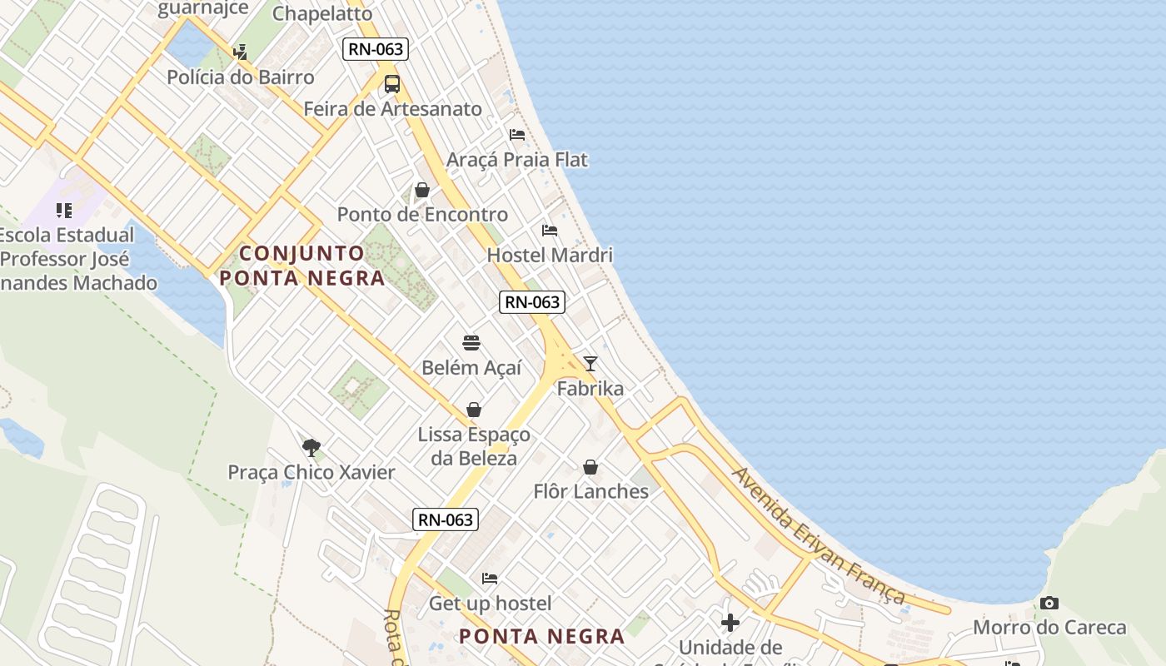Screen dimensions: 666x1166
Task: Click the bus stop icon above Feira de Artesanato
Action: pos(392,84)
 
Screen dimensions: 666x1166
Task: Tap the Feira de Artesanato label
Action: pos(392,109)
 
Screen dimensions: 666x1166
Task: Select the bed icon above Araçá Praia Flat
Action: pos(517,135)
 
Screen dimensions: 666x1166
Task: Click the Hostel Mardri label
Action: pos(550,255)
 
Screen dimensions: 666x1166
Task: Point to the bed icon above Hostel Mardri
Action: pos(550,231)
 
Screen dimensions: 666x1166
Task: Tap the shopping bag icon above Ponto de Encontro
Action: pos(422,191)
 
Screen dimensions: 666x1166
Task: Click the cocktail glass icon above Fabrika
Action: pos(590,364)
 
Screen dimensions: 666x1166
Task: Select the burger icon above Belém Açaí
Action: pos(471,343)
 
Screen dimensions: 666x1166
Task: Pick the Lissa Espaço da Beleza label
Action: pos(474,446)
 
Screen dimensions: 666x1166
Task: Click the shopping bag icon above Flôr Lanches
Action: pos(590,467)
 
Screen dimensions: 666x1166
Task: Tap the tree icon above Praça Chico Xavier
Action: pos(311,448)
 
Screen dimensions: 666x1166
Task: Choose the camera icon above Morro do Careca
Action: pos(1049,603)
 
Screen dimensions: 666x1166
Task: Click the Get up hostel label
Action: pos(490,603)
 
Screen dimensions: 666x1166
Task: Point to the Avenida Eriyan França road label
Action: pos(819,535)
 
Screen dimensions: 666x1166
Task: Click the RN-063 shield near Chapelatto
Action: pos(376,49)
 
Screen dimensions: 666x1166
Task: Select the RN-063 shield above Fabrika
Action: pos(532,302)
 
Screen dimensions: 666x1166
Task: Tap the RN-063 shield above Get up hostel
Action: pos(446,520)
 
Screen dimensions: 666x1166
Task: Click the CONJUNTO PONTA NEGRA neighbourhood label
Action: pos(302,266)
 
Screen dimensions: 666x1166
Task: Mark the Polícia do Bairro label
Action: pos(241,77)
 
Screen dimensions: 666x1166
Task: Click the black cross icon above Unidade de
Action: pos(730,623)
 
